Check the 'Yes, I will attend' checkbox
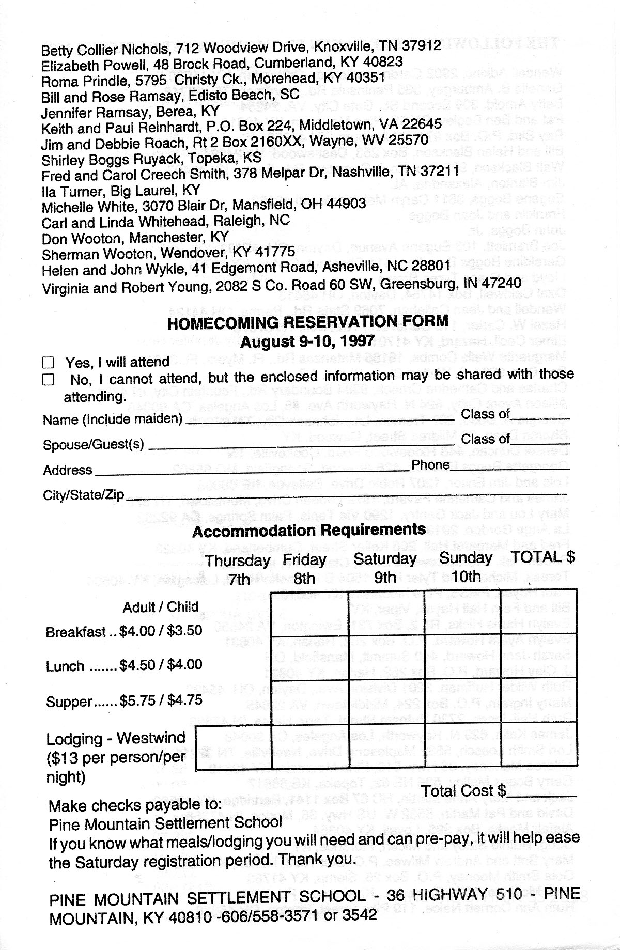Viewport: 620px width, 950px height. [x=48, y=362]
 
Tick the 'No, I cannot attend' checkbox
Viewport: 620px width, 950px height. [x=48, y=380]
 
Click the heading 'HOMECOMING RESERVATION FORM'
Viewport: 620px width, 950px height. [x=308, y=322]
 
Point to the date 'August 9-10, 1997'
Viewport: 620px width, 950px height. [x=307, y=341]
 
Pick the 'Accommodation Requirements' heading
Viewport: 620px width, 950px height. [x=309, y=531]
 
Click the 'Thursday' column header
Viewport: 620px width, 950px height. [x=237, y=560]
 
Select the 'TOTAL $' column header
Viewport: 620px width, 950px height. [x=542, y=557]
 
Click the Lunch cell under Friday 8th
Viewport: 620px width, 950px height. [x=310, y=658]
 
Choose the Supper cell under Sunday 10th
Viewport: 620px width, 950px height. [x=463, y=703]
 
